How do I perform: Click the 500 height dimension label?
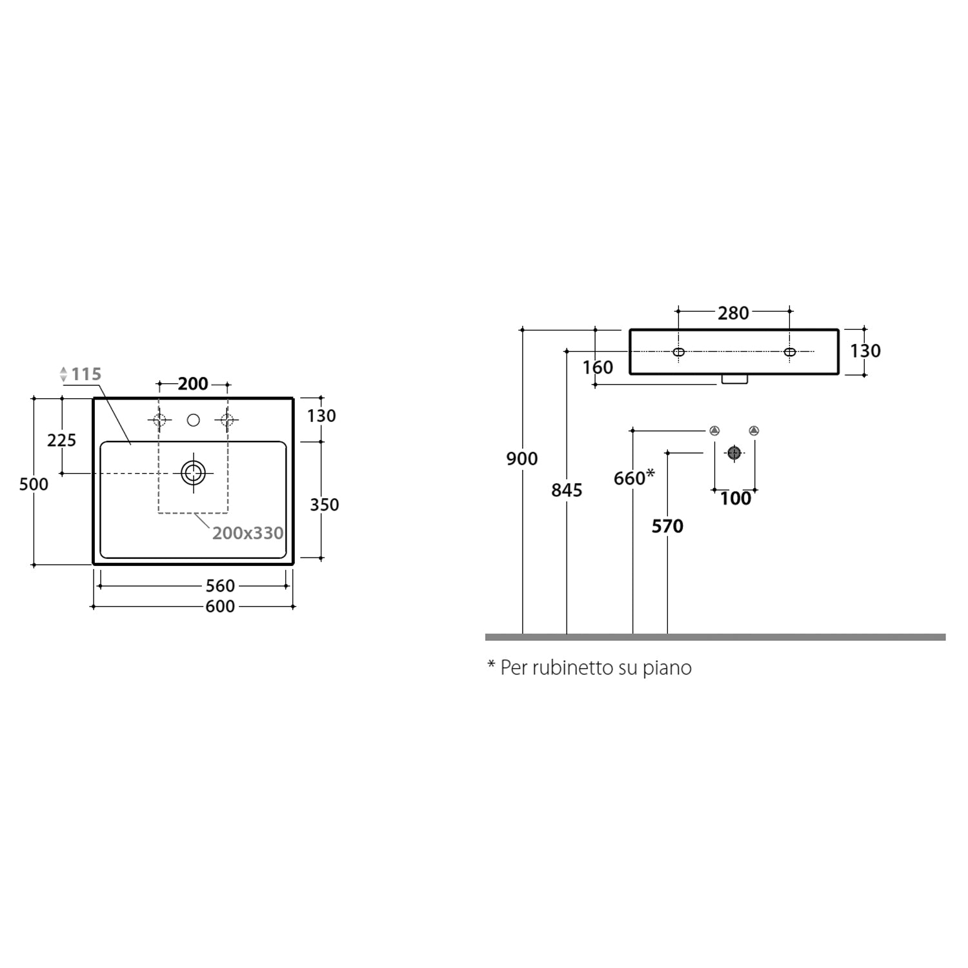tap(34, 484)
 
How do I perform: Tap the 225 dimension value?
tap(61, 440)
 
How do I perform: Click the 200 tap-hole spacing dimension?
tap(193, 384)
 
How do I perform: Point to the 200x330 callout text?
tap(248, 533)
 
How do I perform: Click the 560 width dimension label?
tap(220, 586)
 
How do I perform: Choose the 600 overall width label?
tap(220, 607)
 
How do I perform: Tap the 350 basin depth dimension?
tap(324, 505)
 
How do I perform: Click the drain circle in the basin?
tap(193, 473)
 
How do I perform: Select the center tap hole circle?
tap(193, 420)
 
